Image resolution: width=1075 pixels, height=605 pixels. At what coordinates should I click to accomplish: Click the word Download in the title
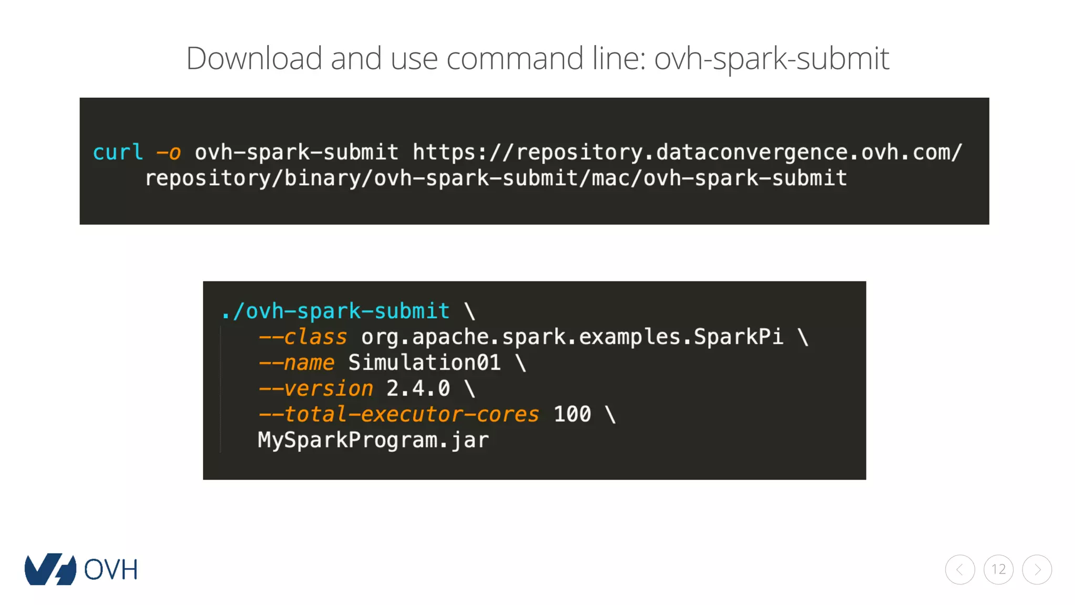[x=254, y=58]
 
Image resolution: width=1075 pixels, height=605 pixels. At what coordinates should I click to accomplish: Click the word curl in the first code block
[x=118, y=152]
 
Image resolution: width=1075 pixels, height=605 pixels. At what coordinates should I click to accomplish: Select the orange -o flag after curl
[x=168, y=152]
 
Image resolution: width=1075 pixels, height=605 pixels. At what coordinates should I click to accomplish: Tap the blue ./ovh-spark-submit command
[x=335, y=311]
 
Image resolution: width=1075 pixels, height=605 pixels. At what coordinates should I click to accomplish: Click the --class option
[x=302, y=337]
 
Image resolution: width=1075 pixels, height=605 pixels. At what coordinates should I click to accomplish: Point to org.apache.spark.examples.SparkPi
[x=572, y=337]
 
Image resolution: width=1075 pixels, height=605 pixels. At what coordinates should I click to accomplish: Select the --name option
[x=296, y=363]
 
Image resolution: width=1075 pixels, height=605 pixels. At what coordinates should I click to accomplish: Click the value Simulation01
[x=424, y=363]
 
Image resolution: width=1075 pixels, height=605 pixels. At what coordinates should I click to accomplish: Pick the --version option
[x=315, y=389]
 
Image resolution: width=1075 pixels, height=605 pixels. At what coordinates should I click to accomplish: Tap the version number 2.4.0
[x=418, y=389]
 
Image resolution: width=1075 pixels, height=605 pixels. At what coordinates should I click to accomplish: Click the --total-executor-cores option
[x=398, y=414]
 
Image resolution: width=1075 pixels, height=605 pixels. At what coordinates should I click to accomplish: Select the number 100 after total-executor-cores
[x=572, y=414]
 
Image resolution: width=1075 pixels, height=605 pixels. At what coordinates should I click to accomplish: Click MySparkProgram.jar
[x=373, y=440]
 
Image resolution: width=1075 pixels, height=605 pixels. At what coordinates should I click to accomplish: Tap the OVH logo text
[x=111, y=570]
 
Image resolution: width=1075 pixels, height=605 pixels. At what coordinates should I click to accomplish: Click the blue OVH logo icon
[x=50, y=569]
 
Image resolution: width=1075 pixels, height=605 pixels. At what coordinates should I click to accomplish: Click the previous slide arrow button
[x=960, y=570]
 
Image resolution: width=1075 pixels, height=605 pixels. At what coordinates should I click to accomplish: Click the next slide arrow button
[x=1037, y=570]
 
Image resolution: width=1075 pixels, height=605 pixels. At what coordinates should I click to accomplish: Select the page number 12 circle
[x=998, y=570]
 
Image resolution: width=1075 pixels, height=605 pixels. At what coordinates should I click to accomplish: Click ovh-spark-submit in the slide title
[x=771, y=58]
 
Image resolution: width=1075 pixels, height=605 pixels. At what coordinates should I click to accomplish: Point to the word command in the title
[x=514, y=58]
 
